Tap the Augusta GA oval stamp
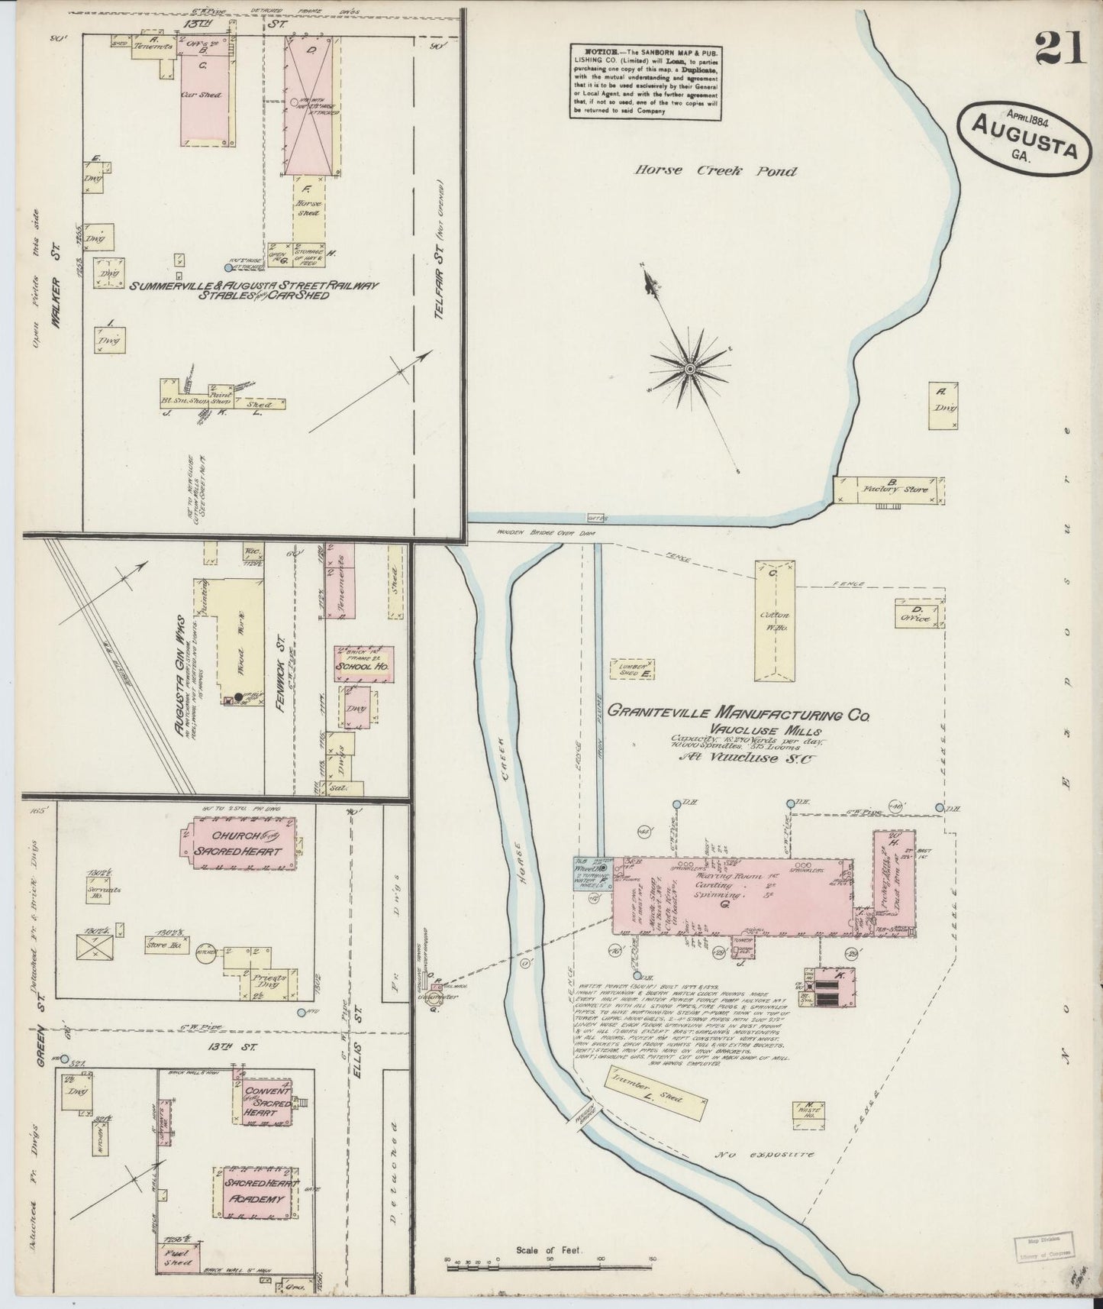point(1018,138)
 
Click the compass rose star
point(689,369)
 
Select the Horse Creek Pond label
point(715,171)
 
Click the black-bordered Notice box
point(645,80)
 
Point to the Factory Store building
point(890,489)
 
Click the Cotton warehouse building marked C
point(775,620)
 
